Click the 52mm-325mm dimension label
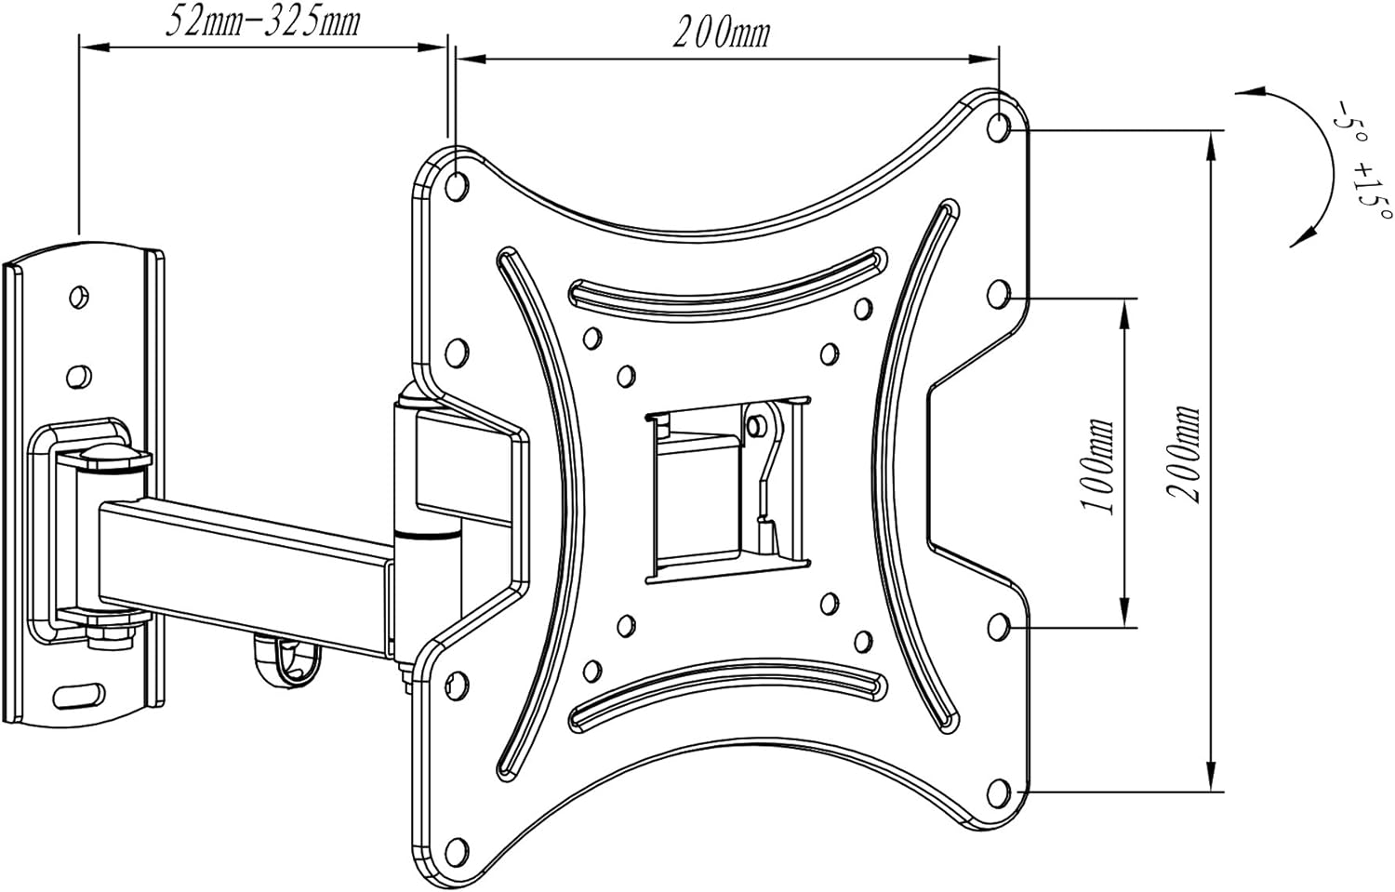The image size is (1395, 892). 262,21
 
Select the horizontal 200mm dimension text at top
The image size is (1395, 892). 722,33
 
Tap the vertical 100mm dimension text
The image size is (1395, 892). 1097,465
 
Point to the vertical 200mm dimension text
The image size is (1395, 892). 1185,454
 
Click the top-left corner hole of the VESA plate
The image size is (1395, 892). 457,185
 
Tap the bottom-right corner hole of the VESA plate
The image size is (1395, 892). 999,793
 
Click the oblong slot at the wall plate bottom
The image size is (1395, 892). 79,694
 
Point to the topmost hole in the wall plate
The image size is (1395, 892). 81,296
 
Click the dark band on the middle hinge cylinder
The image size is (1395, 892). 427,535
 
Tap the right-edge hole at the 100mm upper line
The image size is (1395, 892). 999,295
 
